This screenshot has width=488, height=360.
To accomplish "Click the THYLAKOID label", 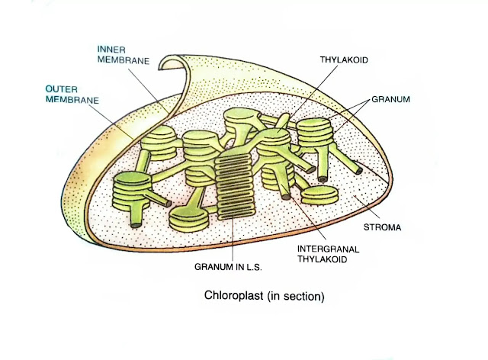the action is [344, 59].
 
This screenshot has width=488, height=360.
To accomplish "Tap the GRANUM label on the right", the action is [390, 99].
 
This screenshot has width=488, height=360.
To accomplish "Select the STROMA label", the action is [382, 227].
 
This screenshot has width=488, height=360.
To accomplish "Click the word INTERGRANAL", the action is [328, 249].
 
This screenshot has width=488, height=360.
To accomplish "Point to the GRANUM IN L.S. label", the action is [228, 267].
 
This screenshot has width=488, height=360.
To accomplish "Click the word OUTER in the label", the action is [61, 89].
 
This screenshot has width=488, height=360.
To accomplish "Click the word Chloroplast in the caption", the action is [234, 295].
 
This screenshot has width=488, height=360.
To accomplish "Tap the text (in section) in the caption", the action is [296, 296].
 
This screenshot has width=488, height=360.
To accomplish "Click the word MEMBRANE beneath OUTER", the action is [72, 100].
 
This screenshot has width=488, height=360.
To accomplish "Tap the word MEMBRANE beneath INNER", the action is [124, 60].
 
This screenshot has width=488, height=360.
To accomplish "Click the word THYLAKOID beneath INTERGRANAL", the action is [322, 259].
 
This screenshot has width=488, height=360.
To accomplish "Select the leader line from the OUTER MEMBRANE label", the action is [111, 121].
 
